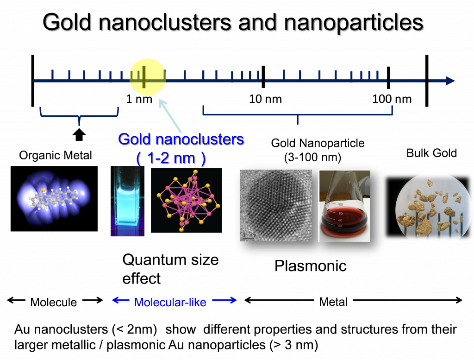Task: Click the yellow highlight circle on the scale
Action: point(147,77)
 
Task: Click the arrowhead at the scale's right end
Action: point(450,81)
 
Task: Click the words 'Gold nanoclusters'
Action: point(181,139)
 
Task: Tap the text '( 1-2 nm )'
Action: point(170,158)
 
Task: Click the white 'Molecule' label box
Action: point(53,303)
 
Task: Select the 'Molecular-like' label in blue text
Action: point(170,303)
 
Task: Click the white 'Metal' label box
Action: point(333,302)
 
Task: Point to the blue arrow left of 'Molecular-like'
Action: point(120,301)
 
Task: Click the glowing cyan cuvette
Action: point(128,202)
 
